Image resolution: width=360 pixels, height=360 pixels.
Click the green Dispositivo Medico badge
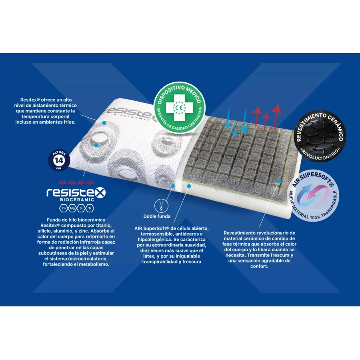pyautogui.click(x=179, y=108)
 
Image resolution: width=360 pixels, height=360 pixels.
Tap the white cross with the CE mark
pyautogui.click(x=179, y=108)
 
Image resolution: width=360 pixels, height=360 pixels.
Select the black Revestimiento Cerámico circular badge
pyautogui.click(x=320, y=136)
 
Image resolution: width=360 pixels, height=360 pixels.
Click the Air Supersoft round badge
pyautogui.click(x=313, y=196)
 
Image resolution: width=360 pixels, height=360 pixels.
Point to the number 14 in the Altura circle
pyautogui.click(x=59, y=160)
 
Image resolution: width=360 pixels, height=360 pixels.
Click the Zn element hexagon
pyautogui.click(x=64, y=208)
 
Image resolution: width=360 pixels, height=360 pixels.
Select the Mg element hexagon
pyautogui.click(x=72, y=208)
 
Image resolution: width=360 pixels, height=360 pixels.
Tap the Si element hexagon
pyautogui.click(x=81, y=208)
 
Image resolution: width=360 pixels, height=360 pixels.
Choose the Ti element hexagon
pyautogui.click(x=90, y=208)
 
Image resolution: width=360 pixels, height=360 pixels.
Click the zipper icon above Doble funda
pyautogui.click(x=161, y=206)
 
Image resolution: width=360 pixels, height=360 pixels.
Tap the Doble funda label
pyautogui.click(x=157, y=216)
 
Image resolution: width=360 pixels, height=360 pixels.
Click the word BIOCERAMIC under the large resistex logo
pyautogui.click(x=77, y=200)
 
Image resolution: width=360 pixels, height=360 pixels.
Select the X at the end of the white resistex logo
pyautogui.click(x=100, y=193)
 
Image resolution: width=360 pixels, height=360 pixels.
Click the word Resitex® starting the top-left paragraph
pyautogui.click(x=30, y=100)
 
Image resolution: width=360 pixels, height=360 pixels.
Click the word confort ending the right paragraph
pyautogui.click(x=259, y=266)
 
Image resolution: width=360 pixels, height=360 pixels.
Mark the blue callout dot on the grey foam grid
pyautogui.click(x=279, y=181)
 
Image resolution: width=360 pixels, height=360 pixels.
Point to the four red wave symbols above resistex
pyautogui.click(x=77, y=182)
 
